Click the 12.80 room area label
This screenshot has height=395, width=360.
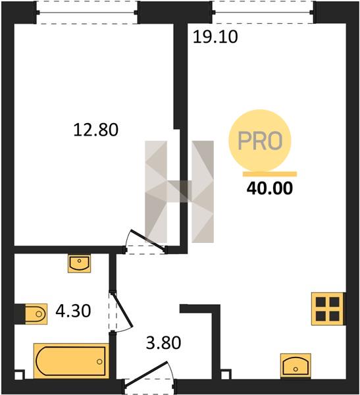(95, 130)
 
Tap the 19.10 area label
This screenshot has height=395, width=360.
(215, 37)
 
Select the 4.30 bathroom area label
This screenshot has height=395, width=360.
(73, 311)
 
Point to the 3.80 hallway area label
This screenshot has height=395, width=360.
(163, 343)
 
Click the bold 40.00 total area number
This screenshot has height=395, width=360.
(270, 188)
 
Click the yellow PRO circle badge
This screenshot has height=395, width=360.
(260, 140)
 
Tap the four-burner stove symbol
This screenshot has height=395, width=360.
(328, 309)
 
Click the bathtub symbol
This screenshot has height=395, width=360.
(71, 361)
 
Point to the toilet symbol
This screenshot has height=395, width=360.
(36, 314)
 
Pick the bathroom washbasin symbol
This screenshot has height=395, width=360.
(79, 263)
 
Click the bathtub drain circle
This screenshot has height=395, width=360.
(99, 361)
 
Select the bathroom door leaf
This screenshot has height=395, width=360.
(122, 309)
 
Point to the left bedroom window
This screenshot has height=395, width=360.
(87, 13)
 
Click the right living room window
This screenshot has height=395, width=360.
(263, 12)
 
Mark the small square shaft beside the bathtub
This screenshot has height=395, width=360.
(19, 375)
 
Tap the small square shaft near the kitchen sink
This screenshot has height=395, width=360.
(226, 374)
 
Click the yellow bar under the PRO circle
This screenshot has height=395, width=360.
(270, 174)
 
